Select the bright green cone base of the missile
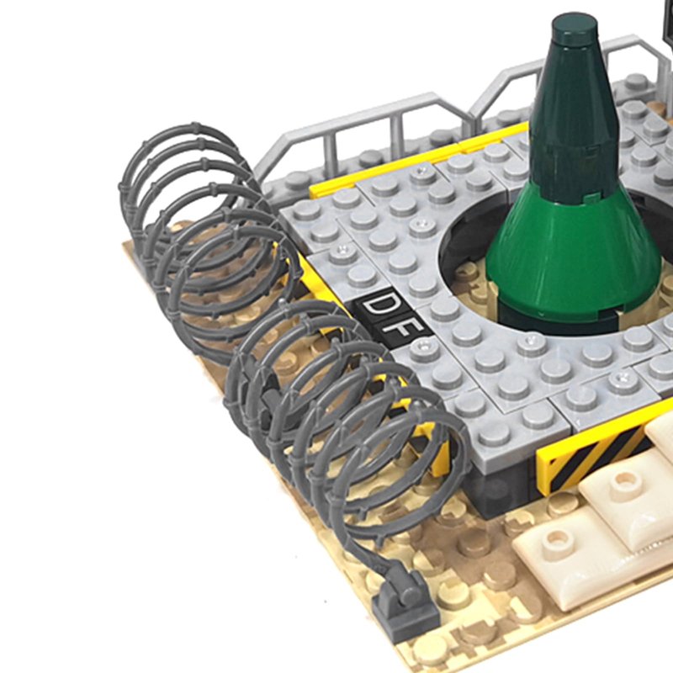click(575, 257)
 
